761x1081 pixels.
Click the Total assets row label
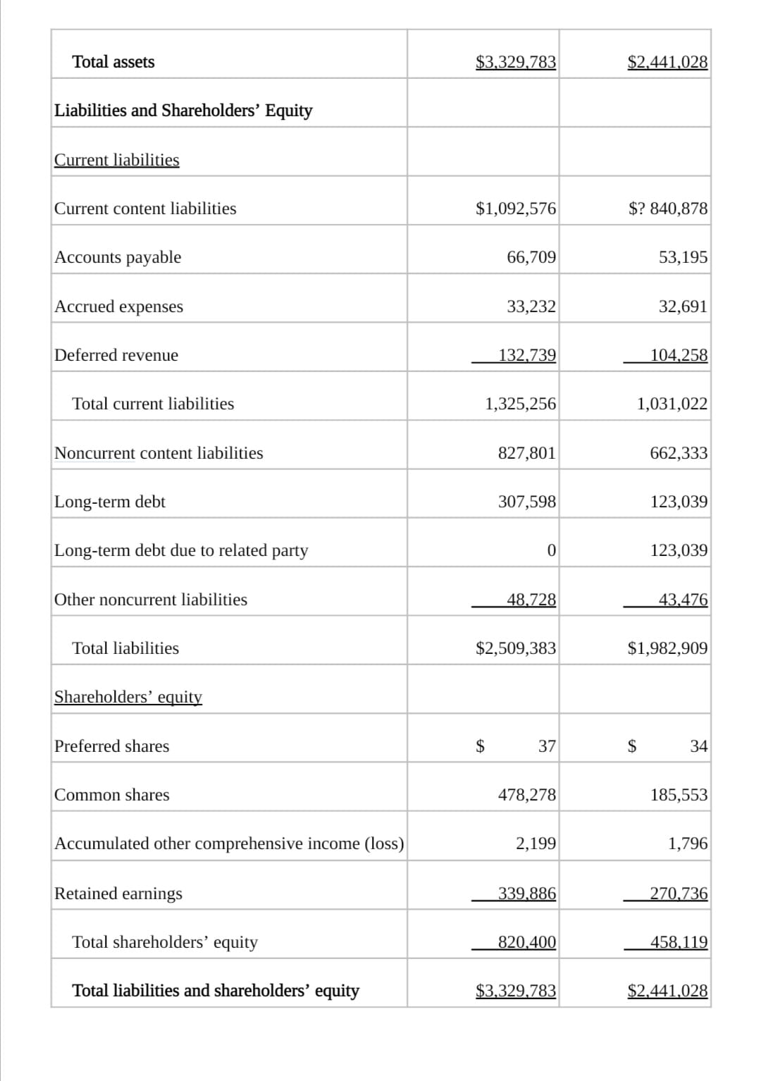pyautogui.click(x=113, y=62)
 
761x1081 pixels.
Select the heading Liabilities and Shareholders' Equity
pyautogui.click(x=183, y=111)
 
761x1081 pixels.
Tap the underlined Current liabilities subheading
pyautogui.click(x=117, y=160)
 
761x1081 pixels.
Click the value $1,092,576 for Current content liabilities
pyautogui.click(x=516, y=209)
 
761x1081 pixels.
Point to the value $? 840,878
pyautogui.click(x=667, y=209)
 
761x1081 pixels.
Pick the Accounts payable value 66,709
pyautogui.click(x=531, y=257)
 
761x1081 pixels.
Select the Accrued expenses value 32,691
pyautogui.click(x=683, y=307)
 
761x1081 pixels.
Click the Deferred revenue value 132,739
pyautogui.click(x=527, y=355)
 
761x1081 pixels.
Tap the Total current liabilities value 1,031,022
pyautogui.click(x=672, y=404)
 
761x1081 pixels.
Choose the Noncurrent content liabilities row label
pyautogui.click(x=159, y=453)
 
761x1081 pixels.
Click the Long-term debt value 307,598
pyautogui.click(x=527, y=502)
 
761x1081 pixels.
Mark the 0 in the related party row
pyautogui.click(x=551, y=550)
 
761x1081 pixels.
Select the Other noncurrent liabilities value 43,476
pyautogui.click(x=683, y=600)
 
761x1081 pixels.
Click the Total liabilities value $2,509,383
pyautogui.click(x=516, y=648)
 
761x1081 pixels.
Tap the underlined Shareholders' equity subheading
pyautogui.click(x=128, y=697)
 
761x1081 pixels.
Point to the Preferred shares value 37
pyautogui.click(x=547, y=746)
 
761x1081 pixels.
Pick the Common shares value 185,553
pyautogui.click(x=679, y=795)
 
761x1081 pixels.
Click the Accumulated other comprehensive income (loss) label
pyautogui.click(x=229, y=844)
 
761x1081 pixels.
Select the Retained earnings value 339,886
pyautogui.click(x=527, y=894)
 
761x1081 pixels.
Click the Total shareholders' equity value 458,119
pyautogui.click(x=679, y=942)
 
